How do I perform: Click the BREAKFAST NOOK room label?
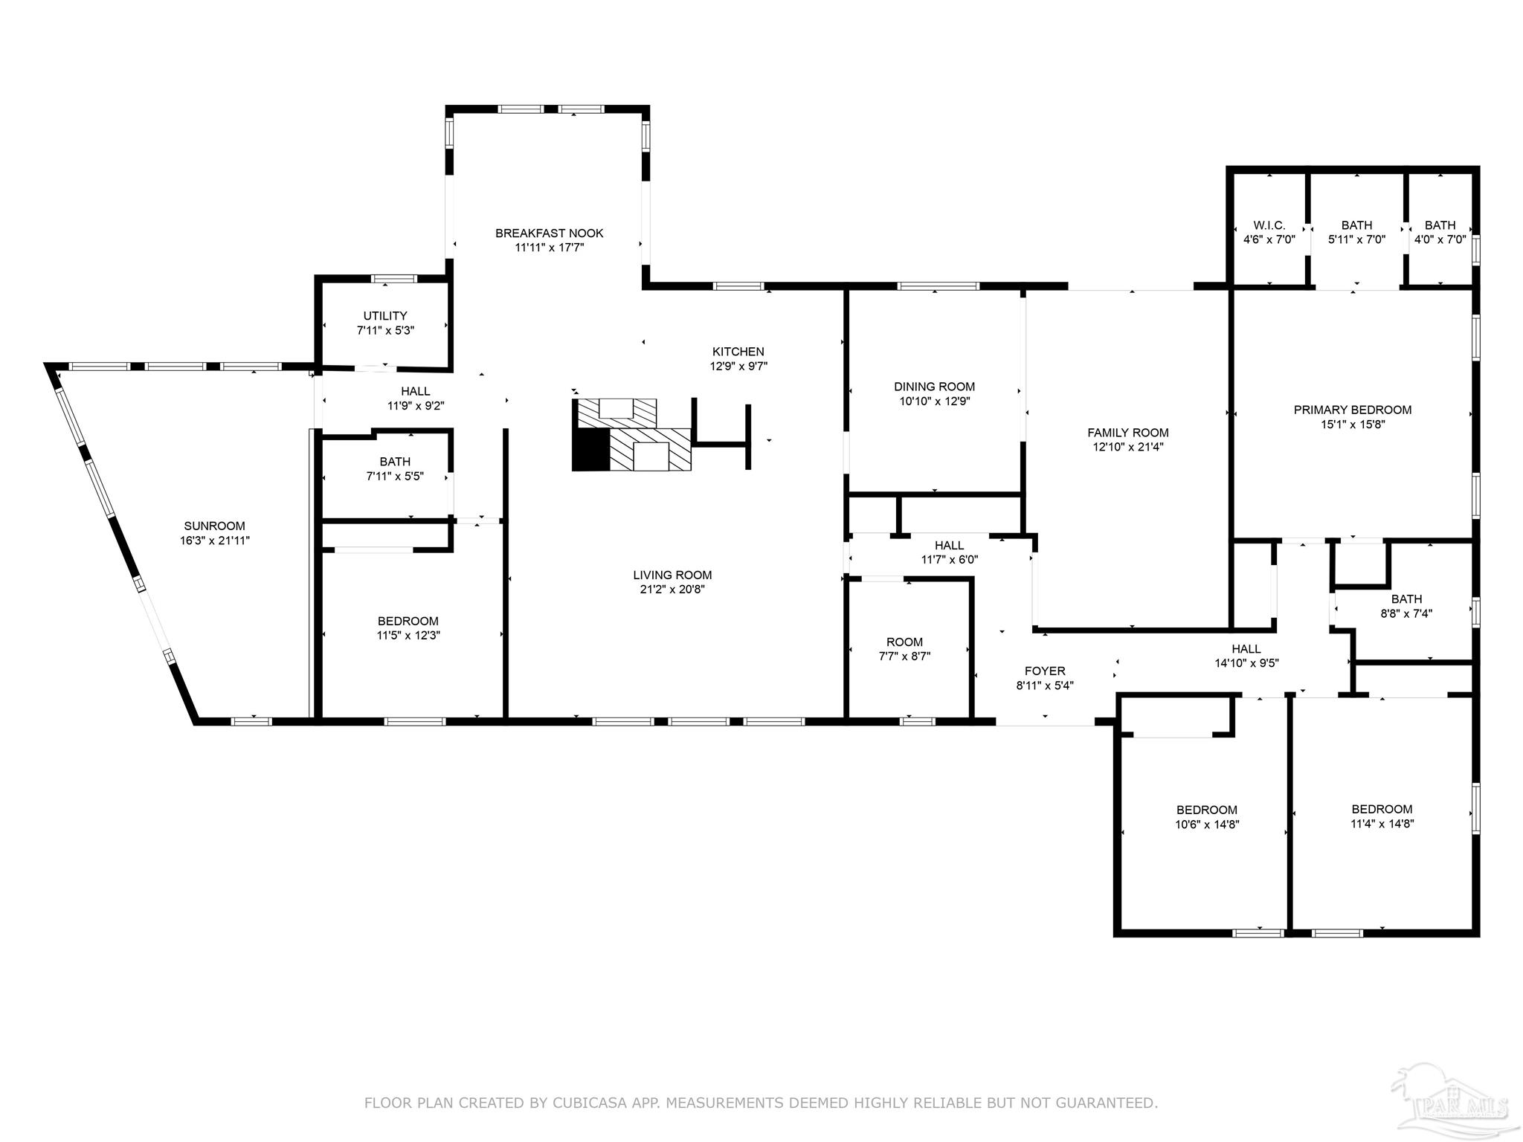[550, 233]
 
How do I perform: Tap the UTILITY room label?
[385, 316]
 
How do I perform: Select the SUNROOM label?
[215, 526]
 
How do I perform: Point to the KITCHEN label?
[738, 352]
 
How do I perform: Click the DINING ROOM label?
[935, 387]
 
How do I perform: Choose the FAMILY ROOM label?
[1128, 433]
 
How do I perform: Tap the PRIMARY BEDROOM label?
[1353, 410]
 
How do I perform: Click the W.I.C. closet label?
[1269, 225]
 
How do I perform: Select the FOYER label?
[1045, 671]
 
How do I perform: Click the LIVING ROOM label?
[673, 575]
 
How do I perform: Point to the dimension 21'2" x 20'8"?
[673, 590]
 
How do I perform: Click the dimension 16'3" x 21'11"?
[215, 541]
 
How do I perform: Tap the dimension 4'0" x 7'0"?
[1440, 240]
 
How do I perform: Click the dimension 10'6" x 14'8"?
[1207, 825]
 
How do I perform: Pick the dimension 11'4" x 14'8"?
[1382, 824]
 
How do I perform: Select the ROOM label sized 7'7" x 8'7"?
[905, 642]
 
